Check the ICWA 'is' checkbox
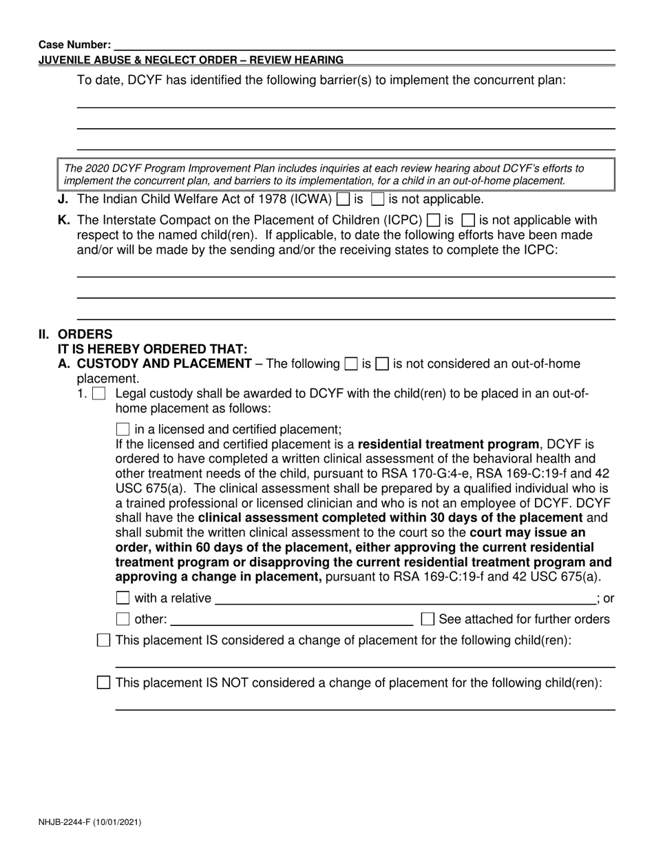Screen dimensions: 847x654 pyautogui.click(x=343, y=200)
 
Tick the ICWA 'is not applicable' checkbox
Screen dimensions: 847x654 pyautogui.click(x=377, y=200)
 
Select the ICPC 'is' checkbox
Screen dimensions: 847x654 pyautogui.click(x=434, y=221)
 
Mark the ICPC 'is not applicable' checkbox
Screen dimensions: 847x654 pyautogui.click(x=467, y=221)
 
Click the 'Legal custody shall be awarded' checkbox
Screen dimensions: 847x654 pyautogui.click(x=98, y=395)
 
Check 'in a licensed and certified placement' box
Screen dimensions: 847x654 pyautogui.click(x=123, y=428)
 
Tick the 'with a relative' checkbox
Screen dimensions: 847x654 pyautogui.click(x=123, y=598)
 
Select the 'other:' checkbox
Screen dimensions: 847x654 pyautogui.click(x=123, y=619)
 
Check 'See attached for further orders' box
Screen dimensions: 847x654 pyautogui.click(x=428, y=619)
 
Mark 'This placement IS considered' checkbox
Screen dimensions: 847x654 pyautogui.click(x=104, y=640)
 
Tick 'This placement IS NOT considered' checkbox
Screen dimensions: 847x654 pyautogui.click(x=104, y=683)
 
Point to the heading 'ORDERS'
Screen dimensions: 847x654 pyautogui.click(x=85, y=335)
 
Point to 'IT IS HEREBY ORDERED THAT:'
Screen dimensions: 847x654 pyautogui.click(x=152, y=349)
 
